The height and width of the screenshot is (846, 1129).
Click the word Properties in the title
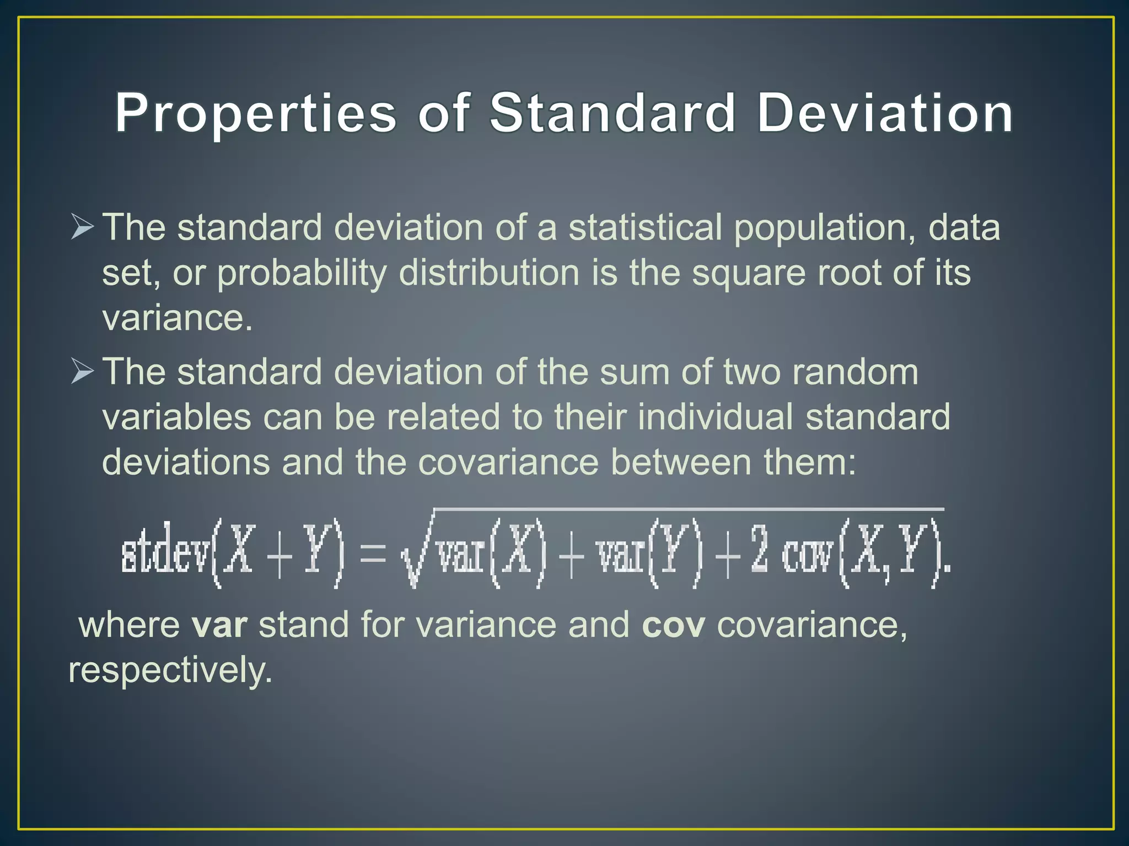coord(255,113)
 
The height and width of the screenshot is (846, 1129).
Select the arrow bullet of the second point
coord(82,371)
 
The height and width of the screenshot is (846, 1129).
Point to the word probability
coord(302,274)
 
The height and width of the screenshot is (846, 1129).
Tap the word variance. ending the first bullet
coord(177,318)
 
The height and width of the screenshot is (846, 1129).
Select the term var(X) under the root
coord(491,553)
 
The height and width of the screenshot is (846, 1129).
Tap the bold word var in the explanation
coord(219,625)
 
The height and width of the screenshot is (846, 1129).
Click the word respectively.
coord(170,671)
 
